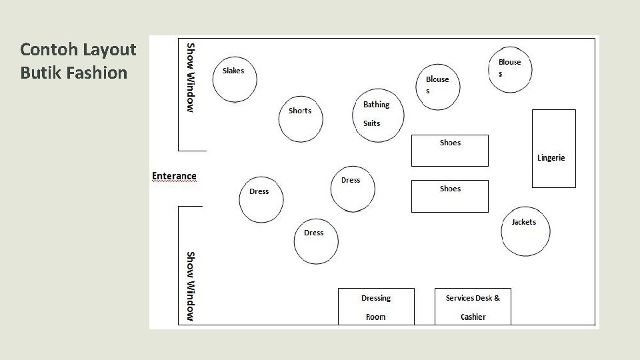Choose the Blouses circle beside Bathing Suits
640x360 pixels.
[x=438, y=87]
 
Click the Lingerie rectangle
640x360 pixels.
[x=553, y=149]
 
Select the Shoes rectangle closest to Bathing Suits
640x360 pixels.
[x=450, y=151]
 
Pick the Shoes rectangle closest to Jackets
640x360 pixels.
[x=450, y=197]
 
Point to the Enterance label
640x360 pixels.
[x=174, y=176]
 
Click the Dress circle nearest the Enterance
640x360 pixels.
[x=261, y=200]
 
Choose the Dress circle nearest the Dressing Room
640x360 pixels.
[x=316, y=241]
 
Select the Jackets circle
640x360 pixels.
[x=526, y=231]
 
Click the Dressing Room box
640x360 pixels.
[x=376, y=307]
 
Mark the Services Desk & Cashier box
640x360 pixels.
[x=473, y=307]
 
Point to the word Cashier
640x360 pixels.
[x=473, y=317]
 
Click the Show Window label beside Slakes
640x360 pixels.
[x=191, y=77]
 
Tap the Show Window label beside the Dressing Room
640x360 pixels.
[x=191, y=286]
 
